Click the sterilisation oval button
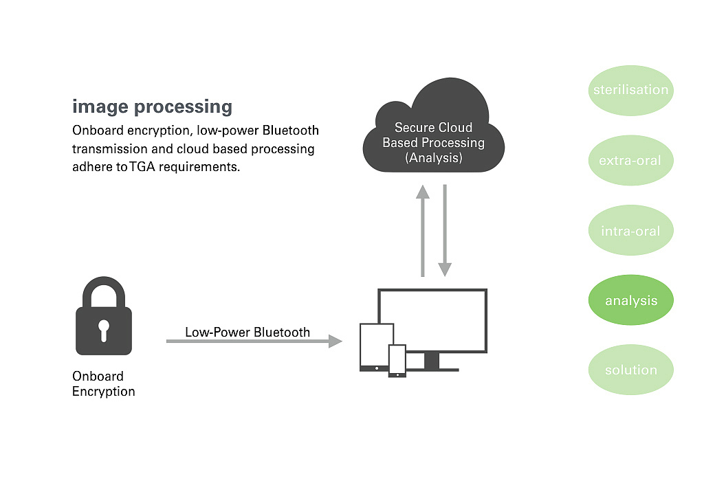click(x=630, y=90)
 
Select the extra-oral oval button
click(x=630, y=161)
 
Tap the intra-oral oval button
click(x=630, y=231)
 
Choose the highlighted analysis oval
click(x=630, y=301)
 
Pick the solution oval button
click(x=630, y=370)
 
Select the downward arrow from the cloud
click(x=445, y=230)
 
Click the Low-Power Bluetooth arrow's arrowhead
click(x=335, y=341)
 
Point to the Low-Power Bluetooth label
click(x=247, y=333)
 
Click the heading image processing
click(x=152, y=107)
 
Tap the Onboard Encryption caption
click(x=103, y=384)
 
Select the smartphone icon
click(x=397, y=360)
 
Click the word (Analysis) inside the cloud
click(x=433, y=158)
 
